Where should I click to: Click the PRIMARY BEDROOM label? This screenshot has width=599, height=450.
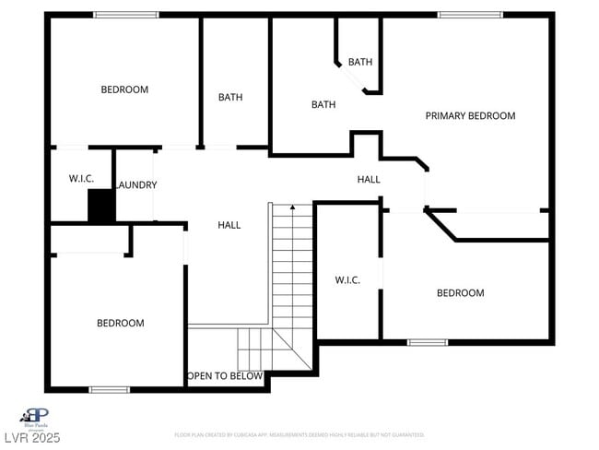point(470,116)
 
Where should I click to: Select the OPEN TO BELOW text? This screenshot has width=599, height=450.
point(225,376)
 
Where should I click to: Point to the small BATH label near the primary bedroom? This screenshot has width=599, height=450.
point(360,63)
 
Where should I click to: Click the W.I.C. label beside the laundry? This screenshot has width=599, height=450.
point(81,179)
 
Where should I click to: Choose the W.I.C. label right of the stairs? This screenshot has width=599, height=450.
point(346,280)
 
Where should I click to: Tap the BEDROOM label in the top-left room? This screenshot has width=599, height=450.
point(124,89)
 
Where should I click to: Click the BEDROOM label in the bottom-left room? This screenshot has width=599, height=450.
point(121,323)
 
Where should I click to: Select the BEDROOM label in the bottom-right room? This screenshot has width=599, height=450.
point(460,293)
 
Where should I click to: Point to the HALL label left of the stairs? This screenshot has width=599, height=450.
point(229,225)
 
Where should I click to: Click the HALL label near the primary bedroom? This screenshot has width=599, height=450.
point(369,179)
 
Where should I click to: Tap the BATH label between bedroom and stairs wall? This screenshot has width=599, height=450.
point(230,98)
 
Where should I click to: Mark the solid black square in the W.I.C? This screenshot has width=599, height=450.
point(100,206)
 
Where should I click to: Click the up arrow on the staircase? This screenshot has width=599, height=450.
point(292,208)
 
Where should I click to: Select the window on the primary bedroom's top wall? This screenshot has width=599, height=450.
point(470,15)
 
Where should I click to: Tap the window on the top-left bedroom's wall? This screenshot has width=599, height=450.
point(126,15)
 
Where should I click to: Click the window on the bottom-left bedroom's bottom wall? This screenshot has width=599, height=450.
point(109,389)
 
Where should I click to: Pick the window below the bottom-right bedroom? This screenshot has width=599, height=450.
point(428,342)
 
